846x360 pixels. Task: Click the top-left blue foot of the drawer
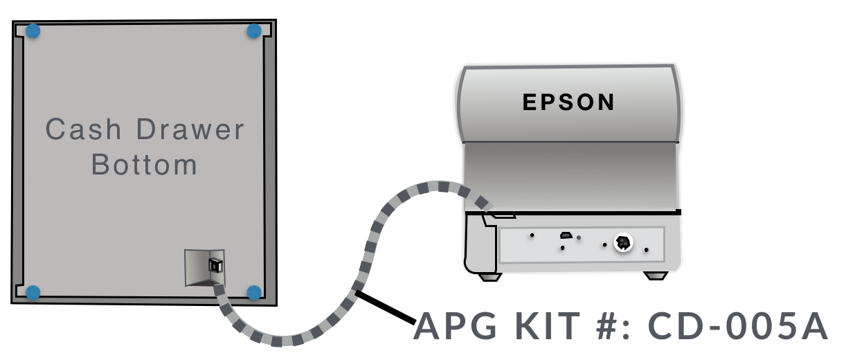coord(33,31)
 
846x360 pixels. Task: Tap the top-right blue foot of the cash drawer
coord(254,31)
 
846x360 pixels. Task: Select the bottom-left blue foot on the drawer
coord(33,292)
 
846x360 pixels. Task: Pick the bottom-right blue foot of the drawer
coord(254,292)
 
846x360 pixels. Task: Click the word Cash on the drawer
coord(83,130)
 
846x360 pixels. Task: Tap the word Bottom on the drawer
coord(145,165)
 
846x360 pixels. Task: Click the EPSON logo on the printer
coord(568,102)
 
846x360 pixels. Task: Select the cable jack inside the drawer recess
coord(215,265)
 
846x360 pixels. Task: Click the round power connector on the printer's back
coord(622,242)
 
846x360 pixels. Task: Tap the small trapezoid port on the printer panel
coord(566,235)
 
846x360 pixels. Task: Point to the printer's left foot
coord(490,276)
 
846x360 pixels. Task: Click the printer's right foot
coord(654,276)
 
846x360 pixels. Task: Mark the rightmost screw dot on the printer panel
coord(647,249)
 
